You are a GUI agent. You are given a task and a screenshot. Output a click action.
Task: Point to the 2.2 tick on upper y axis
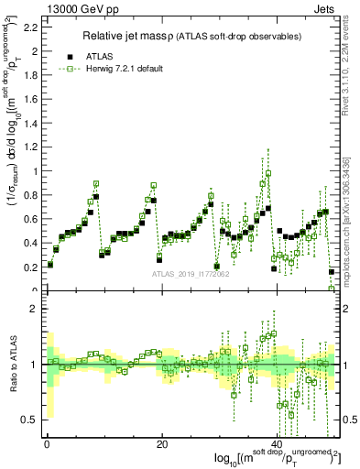(30, 27)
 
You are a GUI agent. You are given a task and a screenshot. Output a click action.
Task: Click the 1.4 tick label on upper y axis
(30, 123)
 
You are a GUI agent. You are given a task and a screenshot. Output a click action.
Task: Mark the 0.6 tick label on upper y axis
(30, 219)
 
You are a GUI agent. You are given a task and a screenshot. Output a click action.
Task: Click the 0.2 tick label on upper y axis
(30, 267)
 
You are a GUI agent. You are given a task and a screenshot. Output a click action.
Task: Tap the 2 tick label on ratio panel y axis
(35, 309)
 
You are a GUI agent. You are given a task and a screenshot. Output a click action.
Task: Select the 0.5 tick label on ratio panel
(30, 420)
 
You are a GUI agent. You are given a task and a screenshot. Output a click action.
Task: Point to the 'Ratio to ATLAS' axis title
(12, 366)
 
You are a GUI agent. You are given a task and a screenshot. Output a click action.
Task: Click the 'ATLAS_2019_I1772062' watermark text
(191, 274)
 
